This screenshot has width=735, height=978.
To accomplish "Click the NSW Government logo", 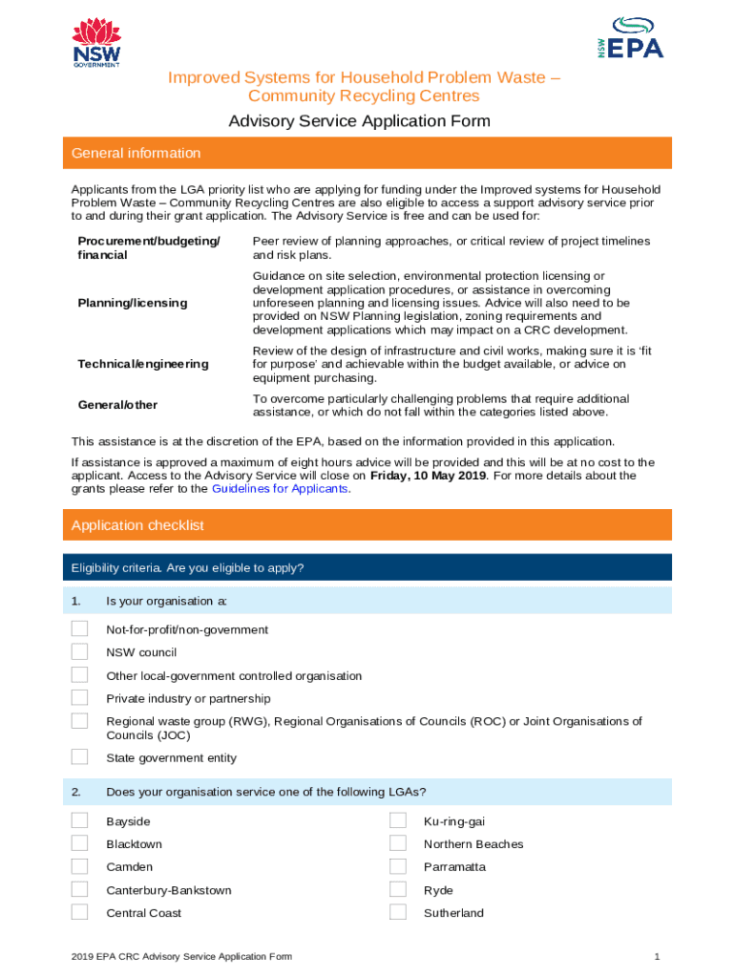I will tap(96, 43).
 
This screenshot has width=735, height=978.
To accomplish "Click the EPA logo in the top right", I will tap(624, 39).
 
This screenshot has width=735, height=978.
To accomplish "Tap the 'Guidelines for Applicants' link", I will tap(279, 488).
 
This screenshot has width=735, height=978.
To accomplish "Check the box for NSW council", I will tap(79, 652).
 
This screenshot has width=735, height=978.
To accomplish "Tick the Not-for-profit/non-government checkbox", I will tap(79, 629).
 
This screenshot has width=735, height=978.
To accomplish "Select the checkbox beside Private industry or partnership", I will tap(79, 698).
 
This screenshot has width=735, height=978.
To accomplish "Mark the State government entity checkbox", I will tap(79, 757).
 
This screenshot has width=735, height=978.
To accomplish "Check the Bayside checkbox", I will tap(79, 820).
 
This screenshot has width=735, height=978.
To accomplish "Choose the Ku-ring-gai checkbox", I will tap(398, 820).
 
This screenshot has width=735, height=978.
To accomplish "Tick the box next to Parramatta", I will tap(398, 866).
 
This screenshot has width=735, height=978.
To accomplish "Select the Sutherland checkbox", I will tap(398, 912).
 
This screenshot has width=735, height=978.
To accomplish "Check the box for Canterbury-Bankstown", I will tap(79, 889).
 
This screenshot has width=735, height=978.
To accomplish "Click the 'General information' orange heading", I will tap(136, 153).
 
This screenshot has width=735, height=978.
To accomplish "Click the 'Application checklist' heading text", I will tap(137, 525).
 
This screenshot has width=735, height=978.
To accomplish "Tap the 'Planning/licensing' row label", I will tap(133, 303).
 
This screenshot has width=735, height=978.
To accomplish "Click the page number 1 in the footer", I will tap(658, 956).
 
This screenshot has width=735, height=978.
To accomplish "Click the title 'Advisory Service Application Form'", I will tap(359, 121).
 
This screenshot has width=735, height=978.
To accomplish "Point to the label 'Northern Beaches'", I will tap(473, 844).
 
